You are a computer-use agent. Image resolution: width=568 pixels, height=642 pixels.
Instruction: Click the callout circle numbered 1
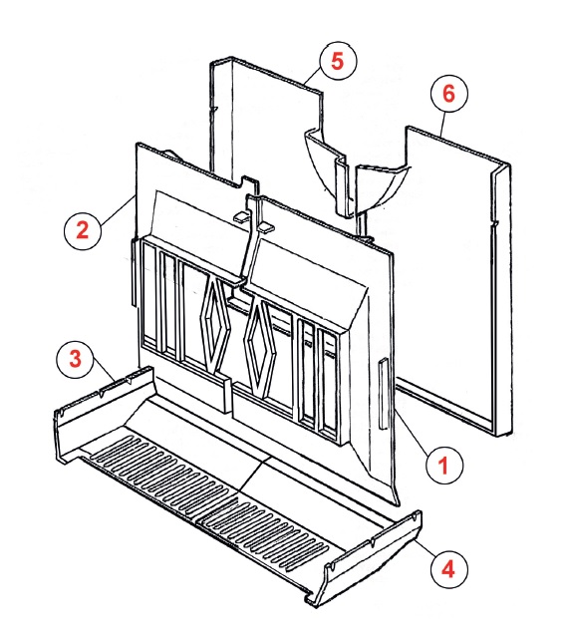pyautogui.click(x=444, y=466)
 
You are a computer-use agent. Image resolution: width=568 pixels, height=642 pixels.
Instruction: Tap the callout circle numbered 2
pyautogui.click(x=83, y=229)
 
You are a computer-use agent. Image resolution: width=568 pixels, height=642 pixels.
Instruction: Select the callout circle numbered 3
pyautogui.click(x=76, y=359)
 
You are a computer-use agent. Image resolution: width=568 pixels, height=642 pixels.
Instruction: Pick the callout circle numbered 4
pyautogui.click(x=448, y=568)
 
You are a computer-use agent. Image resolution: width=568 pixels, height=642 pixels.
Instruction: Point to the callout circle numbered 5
pyautogui.click(x=338, y=61)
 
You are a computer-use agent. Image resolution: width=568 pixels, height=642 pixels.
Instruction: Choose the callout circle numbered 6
pyautogui.click(x=448, y=94)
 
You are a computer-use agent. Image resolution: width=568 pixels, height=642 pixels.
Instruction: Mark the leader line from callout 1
pyautogui.click(x=414, y=431)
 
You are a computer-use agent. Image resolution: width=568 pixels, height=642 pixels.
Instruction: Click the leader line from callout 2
pyautogui.click(x=117, y=208)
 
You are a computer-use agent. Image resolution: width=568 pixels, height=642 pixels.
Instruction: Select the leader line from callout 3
pyautogui.click(x=103, y=369)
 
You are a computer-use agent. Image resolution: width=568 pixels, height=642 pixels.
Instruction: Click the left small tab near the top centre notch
pyautogui.click(x=241, y=216)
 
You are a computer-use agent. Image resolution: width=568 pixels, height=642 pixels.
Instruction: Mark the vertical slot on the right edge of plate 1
pyautogui.click(x=384, y=394)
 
